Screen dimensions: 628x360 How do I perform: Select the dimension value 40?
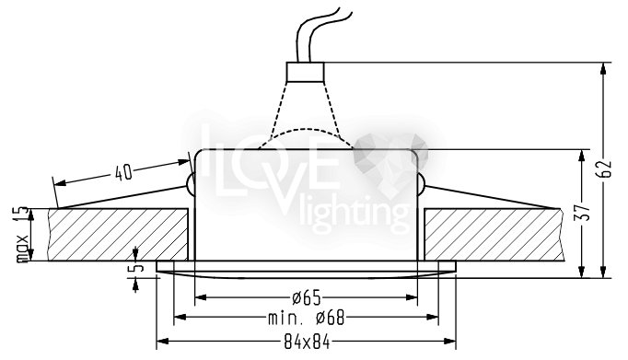pos(123,173)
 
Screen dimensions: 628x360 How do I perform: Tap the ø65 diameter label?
pos(307,297)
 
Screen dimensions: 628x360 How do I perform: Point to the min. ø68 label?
pos(306,318)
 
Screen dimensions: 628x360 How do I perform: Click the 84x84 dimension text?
pos(307,342)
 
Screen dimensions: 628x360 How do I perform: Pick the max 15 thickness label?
pos(22,234)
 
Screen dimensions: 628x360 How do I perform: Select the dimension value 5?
pos(137,267)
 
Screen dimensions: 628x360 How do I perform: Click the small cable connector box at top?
pos(305,72)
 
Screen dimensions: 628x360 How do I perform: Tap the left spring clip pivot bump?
pos(190,185)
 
